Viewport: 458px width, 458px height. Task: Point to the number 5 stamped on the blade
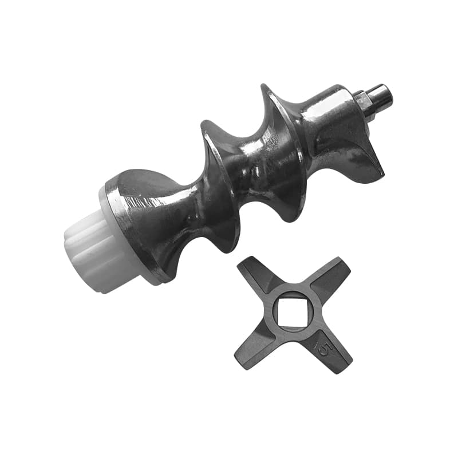(x=323, y=348)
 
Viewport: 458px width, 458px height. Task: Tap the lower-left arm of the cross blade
(x=255, y=349)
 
